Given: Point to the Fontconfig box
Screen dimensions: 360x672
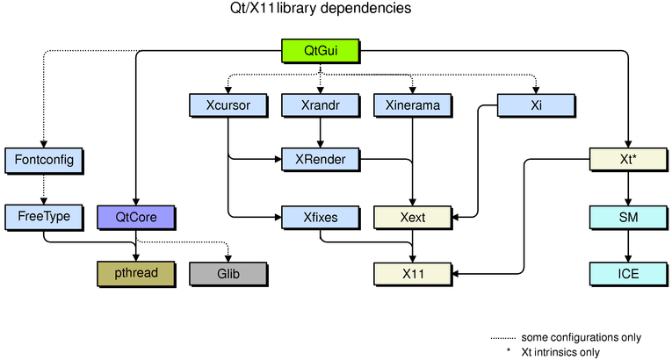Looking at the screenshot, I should [44, 161].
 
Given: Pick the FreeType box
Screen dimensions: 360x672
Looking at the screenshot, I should [44, 216].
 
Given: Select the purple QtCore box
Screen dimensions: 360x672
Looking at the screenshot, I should [135, 216].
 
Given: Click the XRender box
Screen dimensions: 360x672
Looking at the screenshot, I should [321, 161].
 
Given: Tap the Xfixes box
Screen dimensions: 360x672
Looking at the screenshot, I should [321, 216].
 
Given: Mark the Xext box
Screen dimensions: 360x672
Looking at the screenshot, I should [412, 216].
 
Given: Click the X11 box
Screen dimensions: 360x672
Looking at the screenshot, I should [412, 273].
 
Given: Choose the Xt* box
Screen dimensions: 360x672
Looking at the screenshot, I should [627, 161].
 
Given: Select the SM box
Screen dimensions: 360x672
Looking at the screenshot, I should [627, 216].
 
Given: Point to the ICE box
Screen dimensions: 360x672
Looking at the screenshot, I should [627, 273].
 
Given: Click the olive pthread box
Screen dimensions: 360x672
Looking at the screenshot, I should [135, 273].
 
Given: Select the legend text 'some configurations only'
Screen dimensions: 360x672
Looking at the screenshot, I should [581, 337].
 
